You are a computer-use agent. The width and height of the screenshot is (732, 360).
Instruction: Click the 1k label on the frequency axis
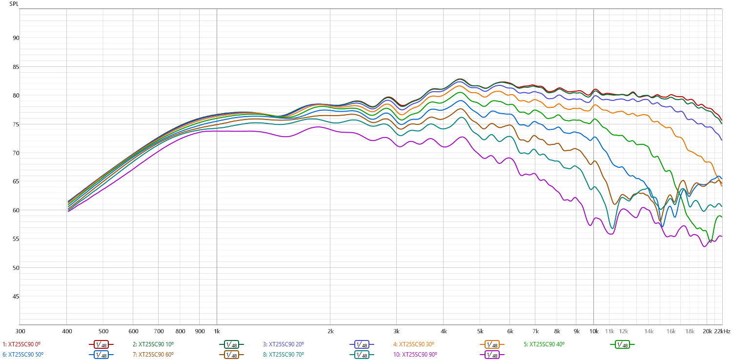[x=217, y=331]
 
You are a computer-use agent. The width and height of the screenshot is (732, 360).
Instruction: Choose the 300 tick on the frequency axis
[x=20, y=331]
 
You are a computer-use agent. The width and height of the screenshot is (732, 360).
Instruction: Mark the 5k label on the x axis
[x=480, y=331]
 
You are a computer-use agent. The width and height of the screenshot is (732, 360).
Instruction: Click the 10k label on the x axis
[x=593, y=331]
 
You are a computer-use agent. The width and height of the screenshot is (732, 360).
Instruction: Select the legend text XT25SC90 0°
[x=24, y=344]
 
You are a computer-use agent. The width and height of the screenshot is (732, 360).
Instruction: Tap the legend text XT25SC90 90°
[x=416, y=355]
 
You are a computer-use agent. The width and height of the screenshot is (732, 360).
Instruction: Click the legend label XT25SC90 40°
[x=547, y=344]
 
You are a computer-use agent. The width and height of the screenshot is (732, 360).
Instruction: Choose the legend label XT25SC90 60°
[x=156, y=355]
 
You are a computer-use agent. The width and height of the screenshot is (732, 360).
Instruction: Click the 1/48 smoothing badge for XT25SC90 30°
[x=491, y=345]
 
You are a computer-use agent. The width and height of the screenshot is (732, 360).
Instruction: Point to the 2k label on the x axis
[x=330, y=331]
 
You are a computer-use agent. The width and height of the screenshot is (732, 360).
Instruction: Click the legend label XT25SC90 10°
[x=156, y=344]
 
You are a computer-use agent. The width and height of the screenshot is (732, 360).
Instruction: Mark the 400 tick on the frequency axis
[x=66, y=331]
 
